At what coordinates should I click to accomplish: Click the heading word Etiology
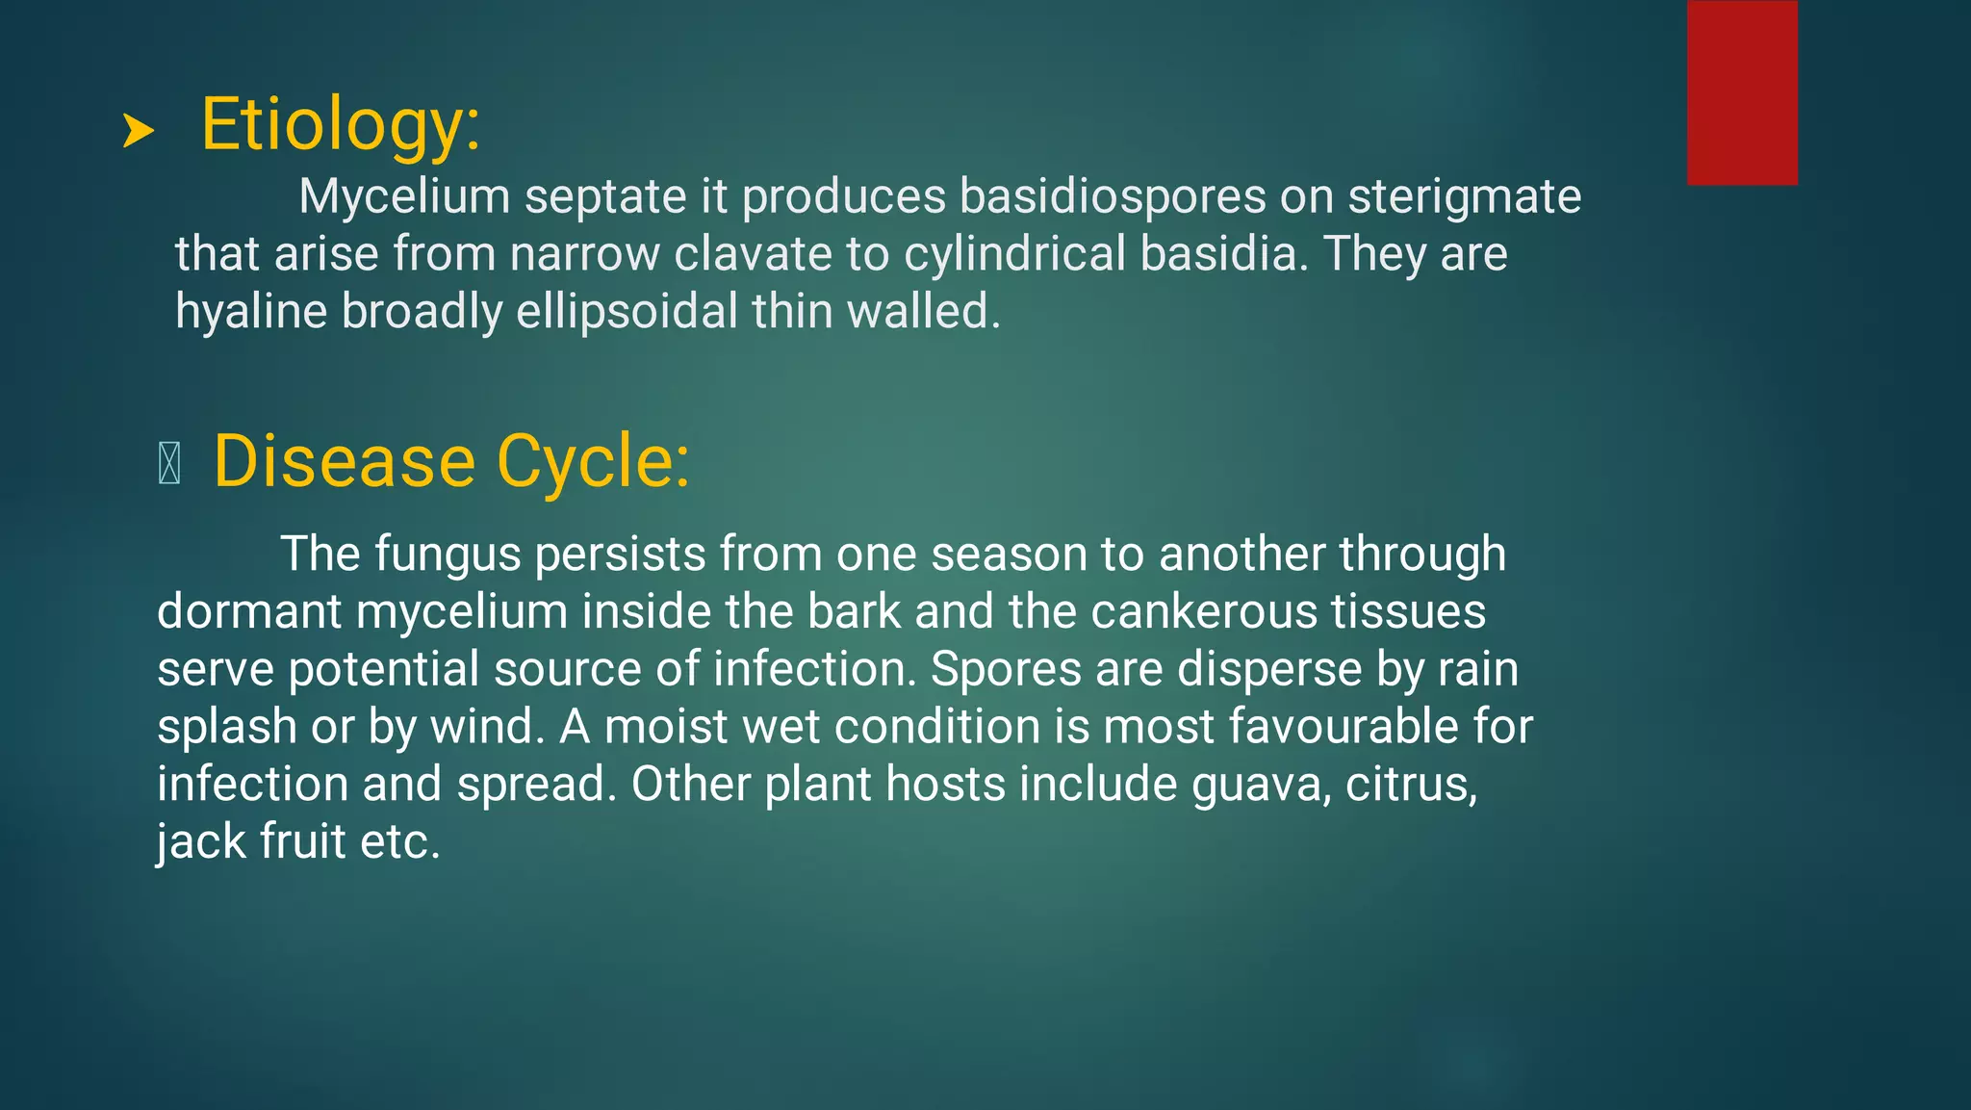click(x=340, y=125)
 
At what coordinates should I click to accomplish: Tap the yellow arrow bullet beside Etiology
click(x=139, y=131)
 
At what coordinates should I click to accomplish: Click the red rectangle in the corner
click(x=1742, y=92)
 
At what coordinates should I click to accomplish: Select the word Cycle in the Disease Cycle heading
click(x=593, y=462)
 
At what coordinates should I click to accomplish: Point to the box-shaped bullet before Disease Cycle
click(x=169, y=463)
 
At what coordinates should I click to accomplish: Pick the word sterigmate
click(x=1464, y=196)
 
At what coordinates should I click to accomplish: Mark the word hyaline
click(x=251, y=312)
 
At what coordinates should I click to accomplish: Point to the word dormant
click(x=249, y=611)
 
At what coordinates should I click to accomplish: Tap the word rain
click(x=1478, y=669)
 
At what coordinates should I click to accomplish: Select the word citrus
click(x=1411, y=784)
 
